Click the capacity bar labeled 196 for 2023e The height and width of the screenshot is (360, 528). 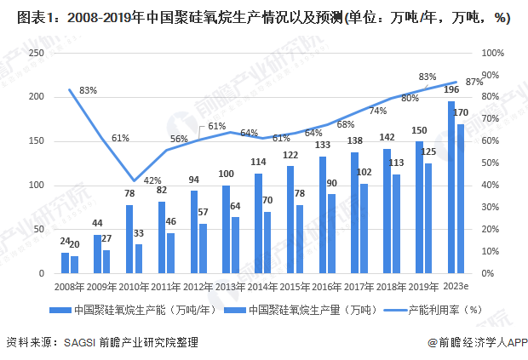451,187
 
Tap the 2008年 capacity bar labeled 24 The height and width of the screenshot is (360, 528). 65,263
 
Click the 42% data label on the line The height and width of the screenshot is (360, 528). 152,180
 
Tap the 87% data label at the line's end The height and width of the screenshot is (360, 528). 474,82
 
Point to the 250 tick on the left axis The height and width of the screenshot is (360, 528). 36,53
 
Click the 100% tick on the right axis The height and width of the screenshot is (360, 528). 493,53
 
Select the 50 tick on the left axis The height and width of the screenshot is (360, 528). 38,230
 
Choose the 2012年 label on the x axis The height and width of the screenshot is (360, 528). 198,289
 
